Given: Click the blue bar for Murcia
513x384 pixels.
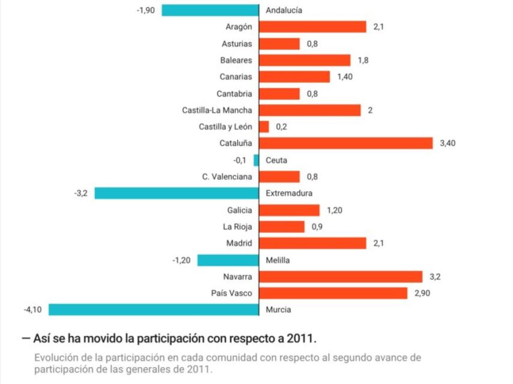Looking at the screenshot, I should coord(154,310).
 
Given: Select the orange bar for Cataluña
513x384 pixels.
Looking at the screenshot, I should coord(346,143).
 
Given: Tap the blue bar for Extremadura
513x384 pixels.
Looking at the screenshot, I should coord(177,193).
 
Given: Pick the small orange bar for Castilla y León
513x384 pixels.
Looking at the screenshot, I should coord(264,127).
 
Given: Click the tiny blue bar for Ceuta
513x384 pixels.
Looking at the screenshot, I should coord(256,160).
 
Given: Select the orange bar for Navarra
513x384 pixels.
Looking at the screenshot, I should coord(341,277).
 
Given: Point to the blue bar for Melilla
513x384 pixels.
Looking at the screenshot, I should coord(228,260).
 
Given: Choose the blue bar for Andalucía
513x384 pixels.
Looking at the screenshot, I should coord(210,10).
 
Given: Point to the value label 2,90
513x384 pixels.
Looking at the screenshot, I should coord(423,293).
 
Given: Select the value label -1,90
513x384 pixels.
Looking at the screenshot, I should coord(146,10).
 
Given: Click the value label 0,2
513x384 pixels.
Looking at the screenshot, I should coord(282,127).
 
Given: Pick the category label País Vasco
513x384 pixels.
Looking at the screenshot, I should coord(232,293).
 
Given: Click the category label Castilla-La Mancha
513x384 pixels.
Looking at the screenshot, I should coord(217,110).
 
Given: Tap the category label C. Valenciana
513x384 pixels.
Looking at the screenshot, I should coord(227,176).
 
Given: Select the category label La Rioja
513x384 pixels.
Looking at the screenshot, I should coord(237,227).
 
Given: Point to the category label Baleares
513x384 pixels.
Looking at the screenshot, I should coord(236,60).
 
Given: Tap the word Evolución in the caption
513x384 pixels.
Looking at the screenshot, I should coord(55,358).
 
